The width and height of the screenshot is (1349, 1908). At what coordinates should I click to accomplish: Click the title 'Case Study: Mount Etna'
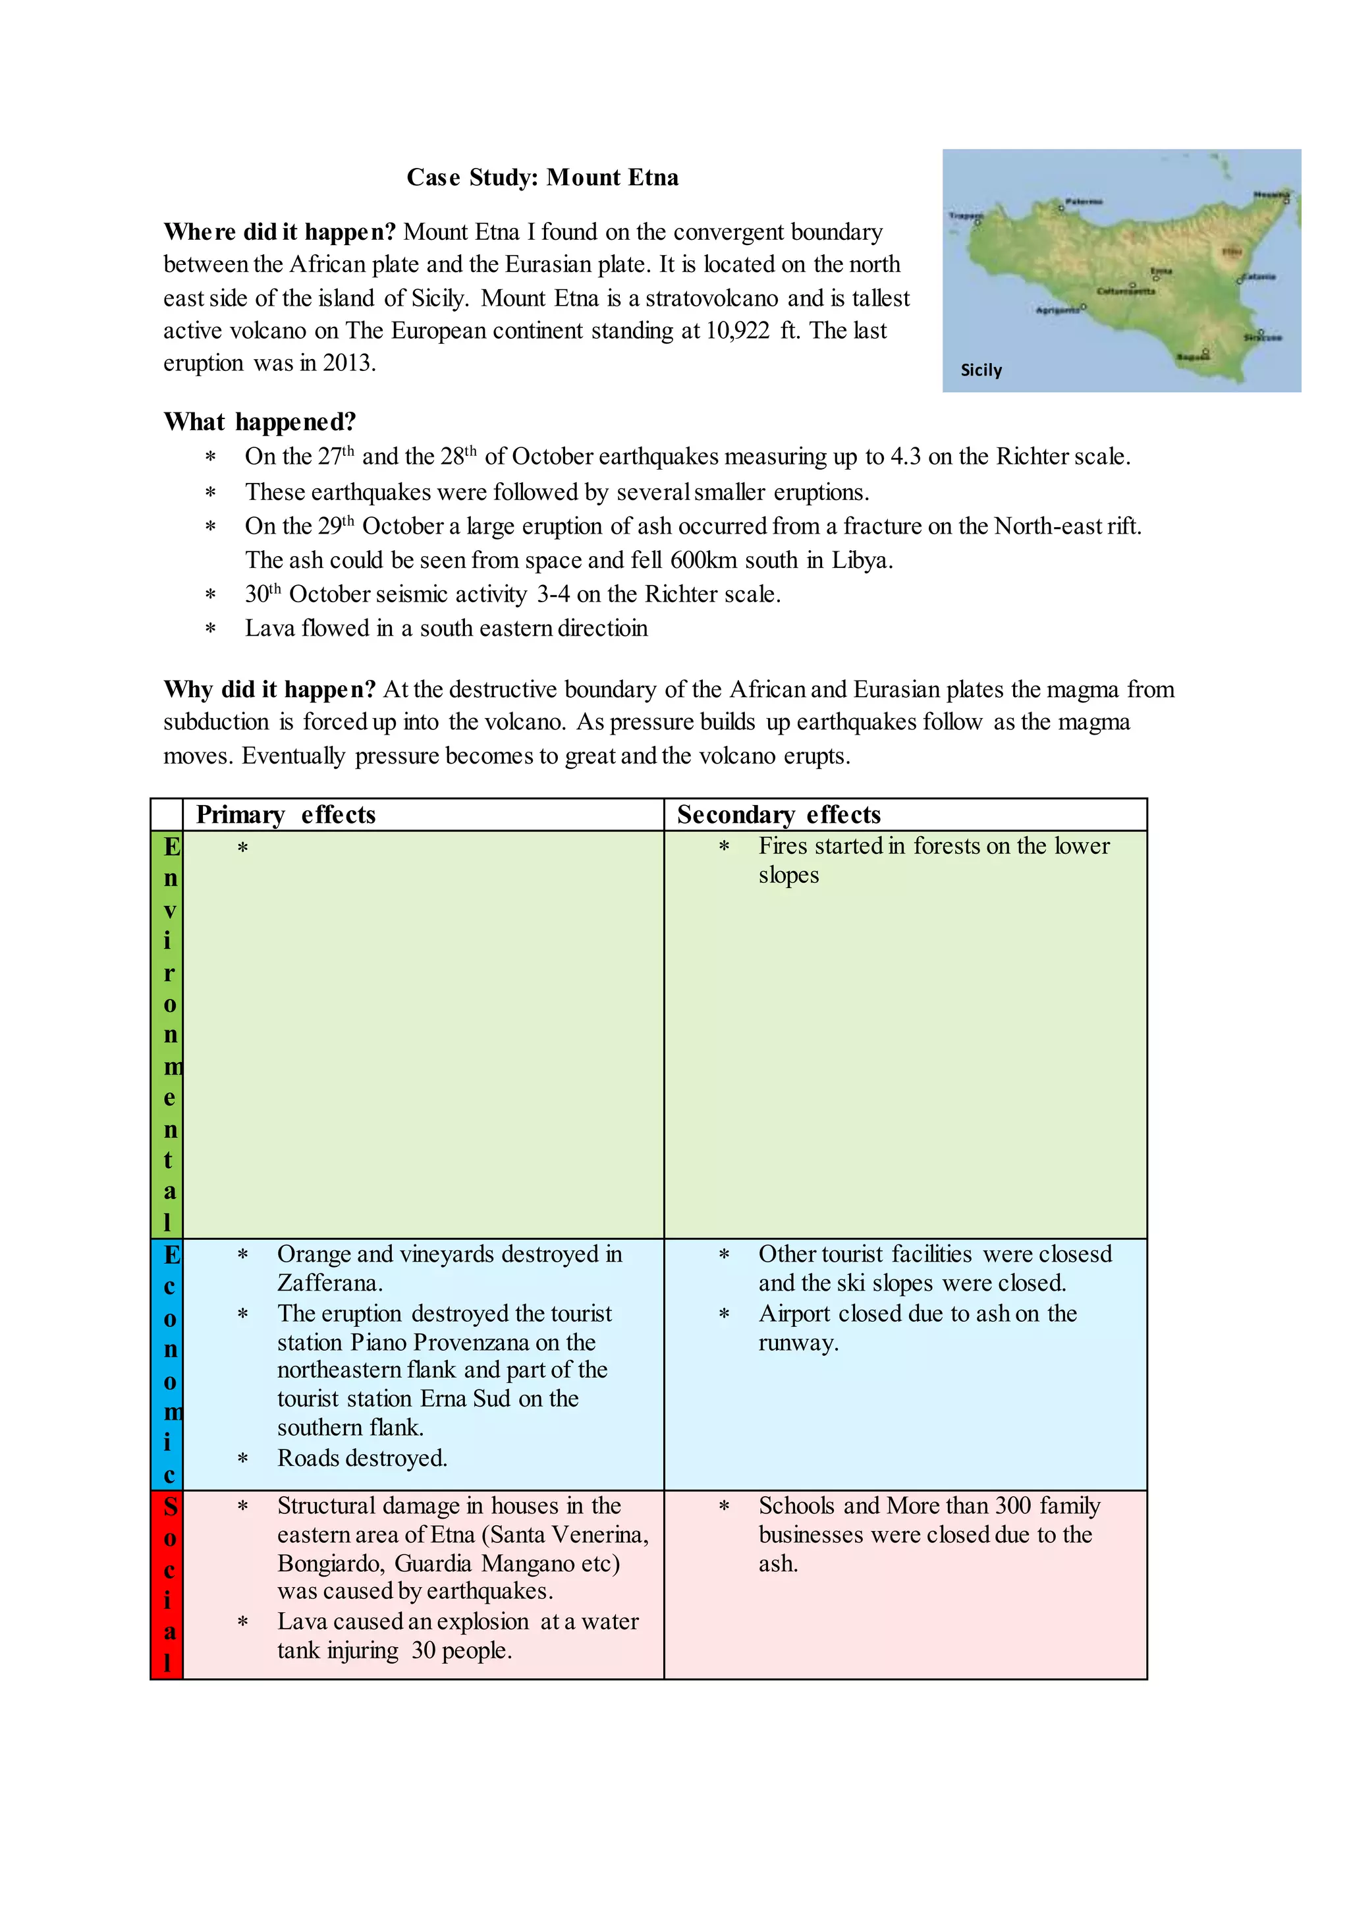pyautogui.click(x=542, y=177)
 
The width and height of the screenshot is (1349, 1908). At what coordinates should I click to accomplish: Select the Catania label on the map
pyautogui.click(x=1259, y=276)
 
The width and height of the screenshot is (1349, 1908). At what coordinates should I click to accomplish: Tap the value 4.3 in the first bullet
pyautogui.click(x=904, y=456)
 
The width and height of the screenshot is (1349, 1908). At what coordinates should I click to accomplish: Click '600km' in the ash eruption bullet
pyautogui.click(x=703, y=560)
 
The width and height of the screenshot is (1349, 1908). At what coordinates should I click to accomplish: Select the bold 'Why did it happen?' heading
pyautogui.click(x=270, y=689)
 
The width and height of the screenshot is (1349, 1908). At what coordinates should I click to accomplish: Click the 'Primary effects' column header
pyautogui.click(x=286, y=814)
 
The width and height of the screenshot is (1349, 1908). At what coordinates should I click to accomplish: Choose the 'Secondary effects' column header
pyautogui.click(x=779, y=814)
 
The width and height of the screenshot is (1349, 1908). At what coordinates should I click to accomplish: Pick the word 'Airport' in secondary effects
pyautogui.click(x=793, y=1313)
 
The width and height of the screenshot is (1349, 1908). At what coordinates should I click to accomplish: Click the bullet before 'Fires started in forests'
pyautogui.click(x=723, y=847)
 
